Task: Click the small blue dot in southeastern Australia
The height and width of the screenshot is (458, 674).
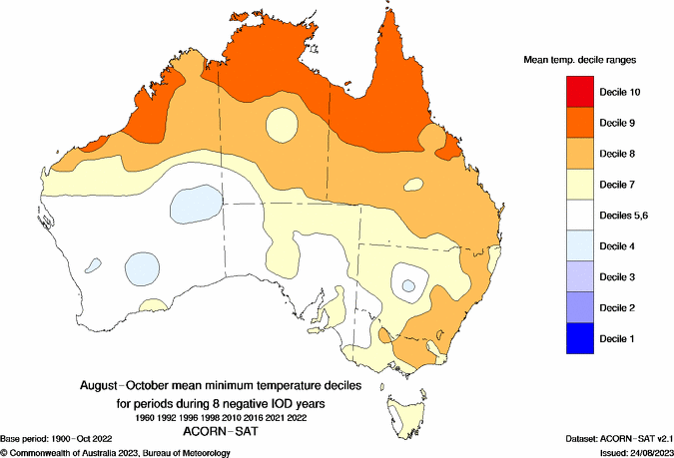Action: [x=407, y=286]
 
